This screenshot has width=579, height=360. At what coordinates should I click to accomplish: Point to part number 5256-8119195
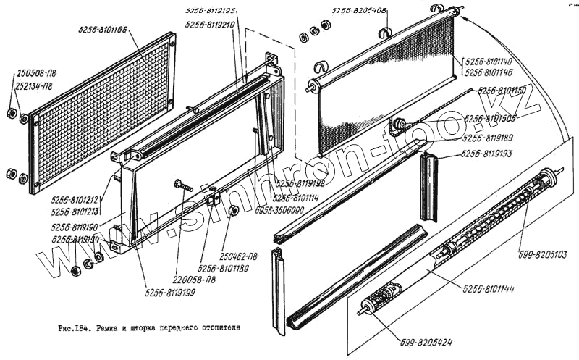pos(211,12)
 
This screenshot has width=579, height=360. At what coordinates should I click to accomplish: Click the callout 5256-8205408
pos(359,11)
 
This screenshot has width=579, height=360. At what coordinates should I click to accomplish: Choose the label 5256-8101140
pos(489,62)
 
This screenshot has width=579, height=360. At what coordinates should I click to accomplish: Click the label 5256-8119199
pos(170,293)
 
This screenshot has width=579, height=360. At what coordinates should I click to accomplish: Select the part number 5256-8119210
pos(211,24)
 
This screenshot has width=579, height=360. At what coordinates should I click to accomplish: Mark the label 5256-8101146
pos(489,73)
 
